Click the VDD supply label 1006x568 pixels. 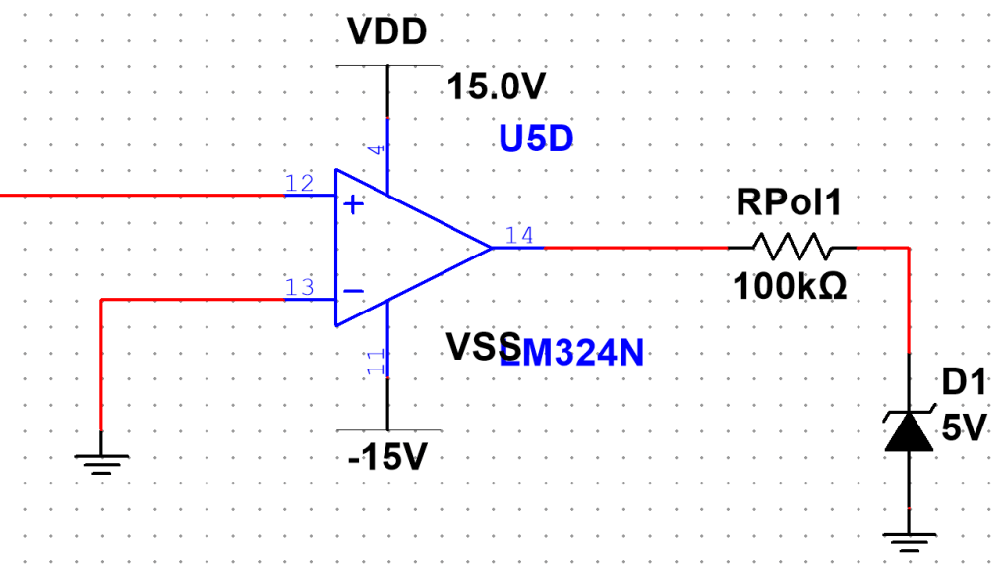(x=387, y=32)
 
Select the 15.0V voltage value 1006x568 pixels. (x=496, y=87)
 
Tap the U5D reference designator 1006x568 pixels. (x=535, y=140)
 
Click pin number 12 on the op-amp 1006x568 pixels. (x=299, y=183)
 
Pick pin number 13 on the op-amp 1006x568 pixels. (x=299, y=287)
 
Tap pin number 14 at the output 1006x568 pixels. (x=518, y=235)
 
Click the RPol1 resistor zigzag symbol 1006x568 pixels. (x=792, y=247)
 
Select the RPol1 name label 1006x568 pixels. (x=790, y=204)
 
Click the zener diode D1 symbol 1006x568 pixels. (x=909, y=429)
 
